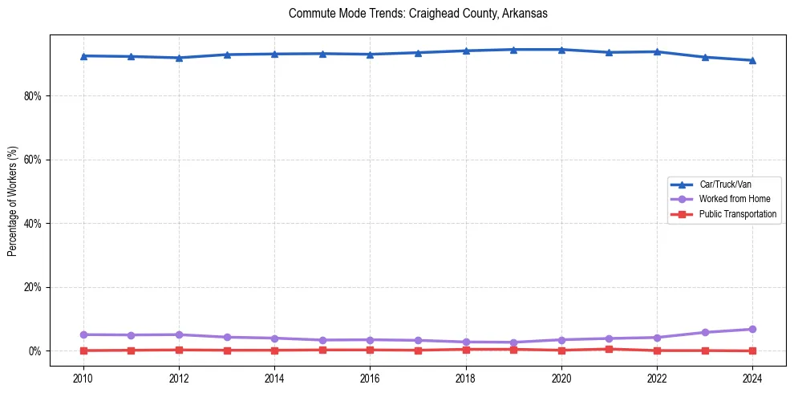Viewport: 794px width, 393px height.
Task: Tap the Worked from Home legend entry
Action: [734, 199]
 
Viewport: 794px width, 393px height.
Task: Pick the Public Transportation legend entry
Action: [737, 214]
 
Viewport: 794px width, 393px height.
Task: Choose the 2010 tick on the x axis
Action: [83, 378]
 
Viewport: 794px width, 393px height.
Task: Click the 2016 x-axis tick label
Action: [370, 378]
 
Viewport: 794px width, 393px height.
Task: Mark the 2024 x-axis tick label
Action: [752, 378]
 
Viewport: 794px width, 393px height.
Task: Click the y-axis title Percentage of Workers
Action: [13, 201]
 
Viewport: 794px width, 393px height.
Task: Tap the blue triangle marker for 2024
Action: [752, 60]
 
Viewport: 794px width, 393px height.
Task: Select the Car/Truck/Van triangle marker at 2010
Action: [83, 55]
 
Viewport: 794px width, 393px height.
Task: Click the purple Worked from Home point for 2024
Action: [752, 329]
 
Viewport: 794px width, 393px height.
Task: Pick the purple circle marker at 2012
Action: [179, 334]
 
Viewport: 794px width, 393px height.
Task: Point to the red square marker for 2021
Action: [609, 349]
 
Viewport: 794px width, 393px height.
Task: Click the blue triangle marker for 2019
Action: [513, 49]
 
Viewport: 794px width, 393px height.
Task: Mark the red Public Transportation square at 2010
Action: [83, 350]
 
